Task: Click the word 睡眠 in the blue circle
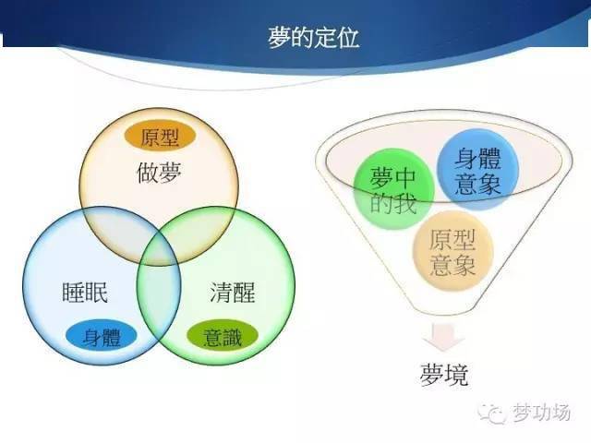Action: click(x=83, y=293)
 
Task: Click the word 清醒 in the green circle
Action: click(x=231, y=293)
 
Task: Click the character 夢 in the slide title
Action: click(x=277, y=37)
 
